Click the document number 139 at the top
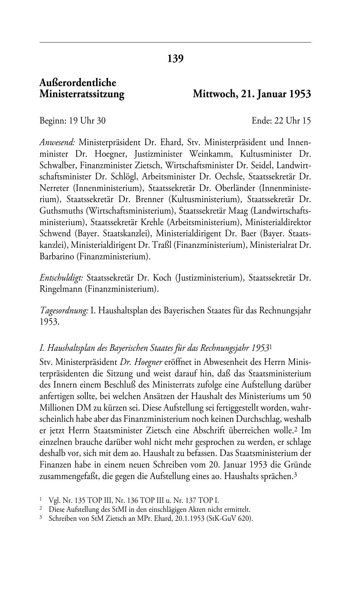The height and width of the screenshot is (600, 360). coord(175,58)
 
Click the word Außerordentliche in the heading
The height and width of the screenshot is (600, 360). coord(78,83)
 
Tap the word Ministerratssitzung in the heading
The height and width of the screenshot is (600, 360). coord(82,94)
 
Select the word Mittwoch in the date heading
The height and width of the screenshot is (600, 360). coord(213,94)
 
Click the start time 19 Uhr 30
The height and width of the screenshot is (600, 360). coord(87,120)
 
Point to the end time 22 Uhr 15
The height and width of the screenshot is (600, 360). coord(292,120)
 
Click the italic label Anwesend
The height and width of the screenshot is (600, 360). coord(57,142)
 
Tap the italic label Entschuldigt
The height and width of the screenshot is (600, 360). coord(62,278)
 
